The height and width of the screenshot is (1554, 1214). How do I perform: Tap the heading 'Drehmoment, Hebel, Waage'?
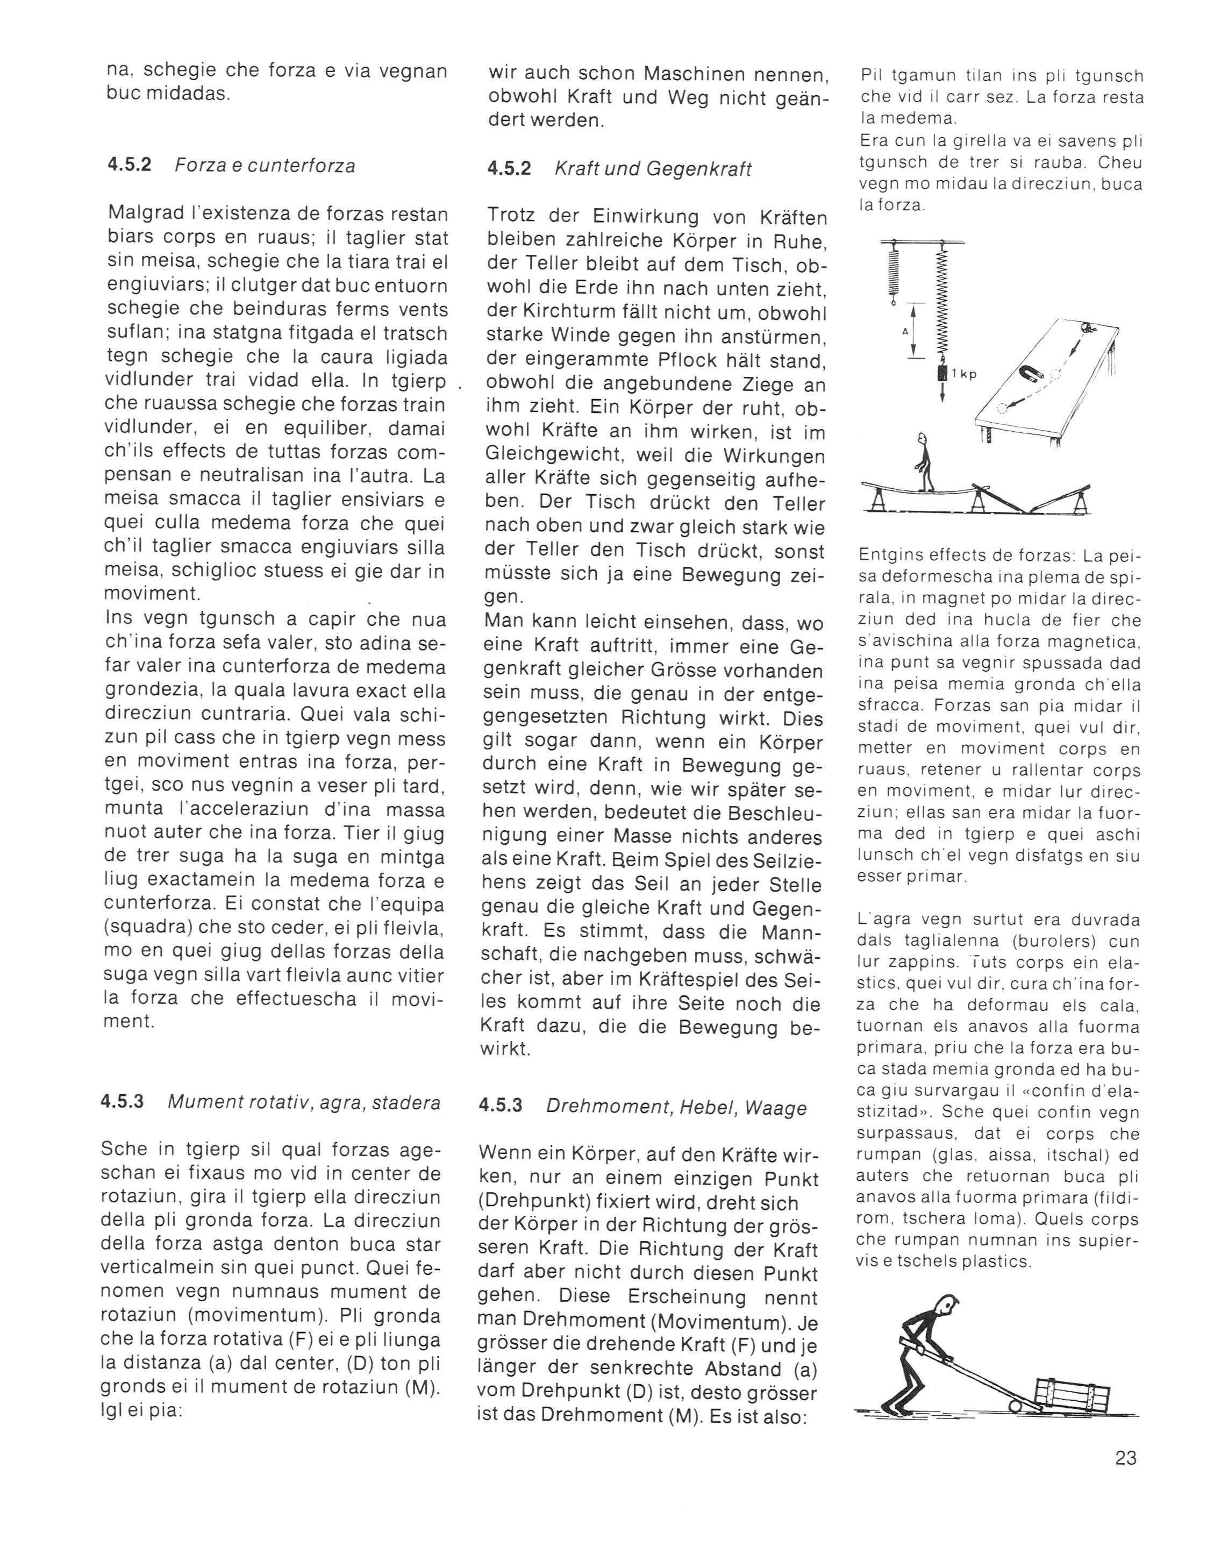point(676,1108)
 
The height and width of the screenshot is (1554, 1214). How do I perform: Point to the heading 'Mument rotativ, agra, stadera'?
point(304,1103)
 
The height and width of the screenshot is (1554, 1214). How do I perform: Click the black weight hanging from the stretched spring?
point(942,374)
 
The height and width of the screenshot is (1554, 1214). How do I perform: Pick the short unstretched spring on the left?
point(891,270)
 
